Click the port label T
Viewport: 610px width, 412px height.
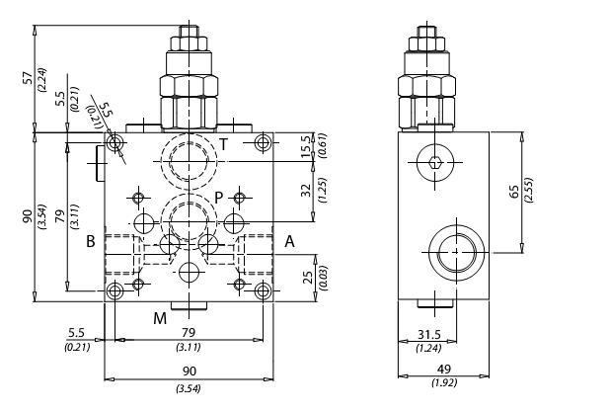tap(224, 144)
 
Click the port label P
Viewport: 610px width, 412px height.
tap(219, 197)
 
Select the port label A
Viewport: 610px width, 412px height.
tap(289, 241)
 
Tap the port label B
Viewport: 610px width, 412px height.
tap(90, 241)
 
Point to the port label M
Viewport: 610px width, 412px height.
tap(159, 317)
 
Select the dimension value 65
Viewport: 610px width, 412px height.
tap(514, 191)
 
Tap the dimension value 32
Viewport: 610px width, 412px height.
tap(306, 189)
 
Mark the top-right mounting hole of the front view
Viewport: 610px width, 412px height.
tap(262, 145)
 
